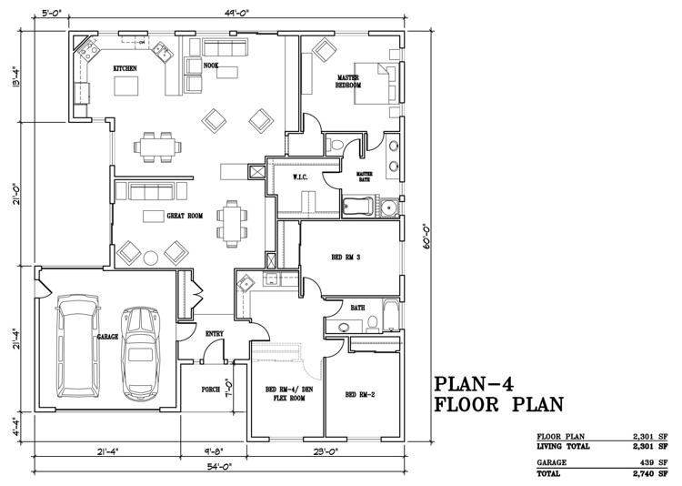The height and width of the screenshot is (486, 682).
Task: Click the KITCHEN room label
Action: (x=125, y=68)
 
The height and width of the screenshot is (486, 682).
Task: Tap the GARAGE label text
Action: (x=107, y=337)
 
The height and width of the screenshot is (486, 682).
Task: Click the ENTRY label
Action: (x=215, y=333)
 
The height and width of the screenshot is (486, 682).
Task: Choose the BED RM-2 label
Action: (x=361, y=394)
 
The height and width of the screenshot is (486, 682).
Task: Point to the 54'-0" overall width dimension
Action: (x=219, y=466)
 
